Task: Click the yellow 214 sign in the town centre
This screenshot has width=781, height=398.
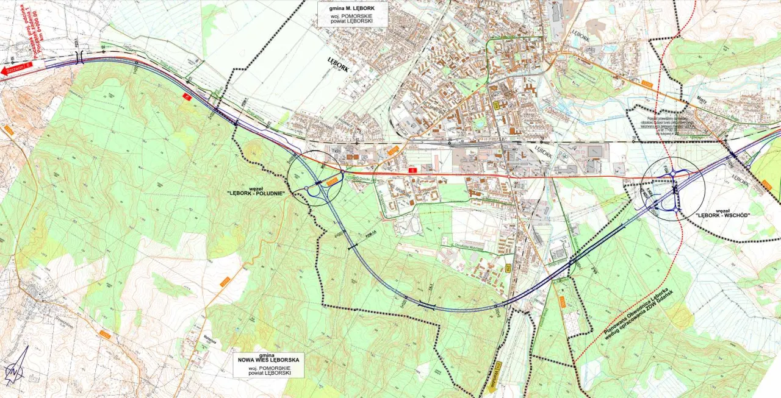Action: click(x=497, y=106)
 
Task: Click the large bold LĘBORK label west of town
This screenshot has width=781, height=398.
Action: click(x=338, y=64)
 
